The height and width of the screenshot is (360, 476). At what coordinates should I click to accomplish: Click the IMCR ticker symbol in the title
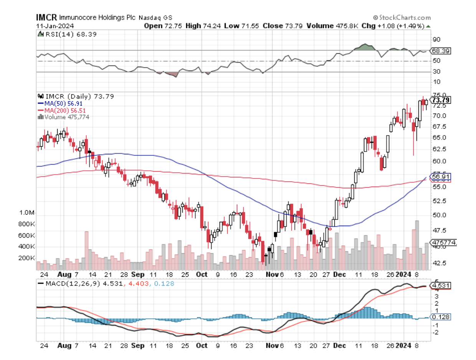coord(47,18)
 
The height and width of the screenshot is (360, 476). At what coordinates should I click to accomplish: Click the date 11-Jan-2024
coord(53,26)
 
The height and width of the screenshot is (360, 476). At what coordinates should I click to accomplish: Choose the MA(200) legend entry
coord(62,111)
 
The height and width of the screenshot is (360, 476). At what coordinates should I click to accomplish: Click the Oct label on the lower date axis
coord(202,275)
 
